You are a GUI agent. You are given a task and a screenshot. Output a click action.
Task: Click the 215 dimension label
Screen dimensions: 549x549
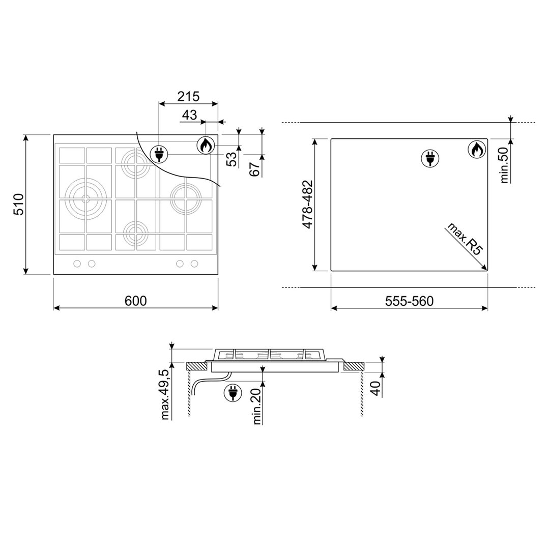(x=188, y=96)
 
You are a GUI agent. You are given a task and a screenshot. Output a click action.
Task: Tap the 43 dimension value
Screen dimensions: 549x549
(x=189, y=115)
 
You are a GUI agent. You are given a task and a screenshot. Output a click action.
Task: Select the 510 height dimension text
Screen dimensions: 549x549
(x=18, y=204)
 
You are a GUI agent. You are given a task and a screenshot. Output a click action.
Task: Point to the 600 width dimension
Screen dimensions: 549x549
(x=135, y=301)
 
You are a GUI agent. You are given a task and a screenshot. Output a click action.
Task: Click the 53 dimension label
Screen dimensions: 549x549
(x=232, y=159)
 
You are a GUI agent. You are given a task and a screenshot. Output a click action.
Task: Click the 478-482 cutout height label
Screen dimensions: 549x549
(x=307, y=205)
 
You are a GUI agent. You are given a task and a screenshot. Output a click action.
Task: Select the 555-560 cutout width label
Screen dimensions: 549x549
(x=409, y=301)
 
